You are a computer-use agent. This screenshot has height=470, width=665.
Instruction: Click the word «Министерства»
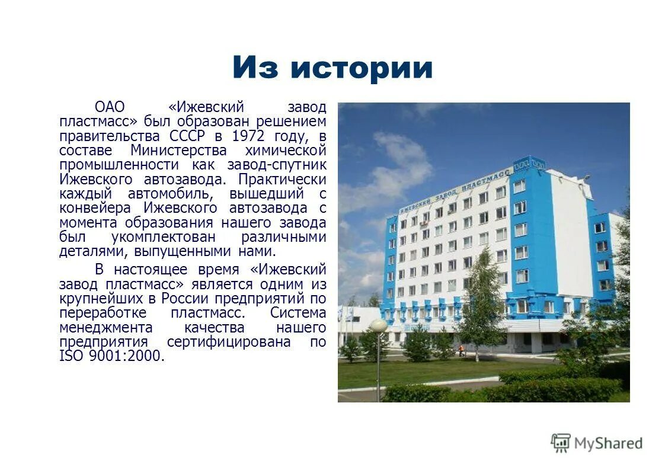click(178, 150)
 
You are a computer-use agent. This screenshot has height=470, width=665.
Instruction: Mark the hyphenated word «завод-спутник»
click(276, 164)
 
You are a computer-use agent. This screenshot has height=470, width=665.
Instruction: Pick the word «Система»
click(298, 312)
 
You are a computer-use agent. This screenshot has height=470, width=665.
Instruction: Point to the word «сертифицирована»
click(229, 342)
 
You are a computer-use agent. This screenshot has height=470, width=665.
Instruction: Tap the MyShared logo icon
click(560, 442)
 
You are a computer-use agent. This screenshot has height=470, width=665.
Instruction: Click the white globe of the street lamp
click(378, 325)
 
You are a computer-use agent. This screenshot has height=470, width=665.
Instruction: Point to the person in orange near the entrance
click(462, 350)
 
